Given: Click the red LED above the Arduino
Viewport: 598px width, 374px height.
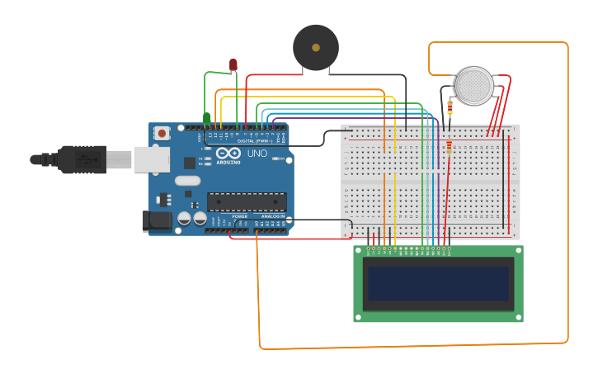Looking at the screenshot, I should point(233,64).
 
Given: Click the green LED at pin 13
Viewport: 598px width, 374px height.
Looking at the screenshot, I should point(206,118).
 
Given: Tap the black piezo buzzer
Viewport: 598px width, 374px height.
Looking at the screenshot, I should point(316,48).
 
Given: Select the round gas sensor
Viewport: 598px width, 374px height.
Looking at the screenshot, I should point(474,86).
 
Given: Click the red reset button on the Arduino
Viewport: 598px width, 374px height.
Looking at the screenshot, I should point(162,132).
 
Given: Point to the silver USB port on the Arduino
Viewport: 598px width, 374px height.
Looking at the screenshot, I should point(152,159).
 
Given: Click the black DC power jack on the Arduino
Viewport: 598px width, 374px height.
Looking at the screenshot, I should point(157,220).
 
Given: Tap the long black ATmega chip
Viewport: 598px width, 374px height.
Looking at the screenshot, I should point(247,201).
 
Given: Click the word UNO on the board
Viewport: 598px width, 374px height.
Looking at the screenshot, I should point(257,154).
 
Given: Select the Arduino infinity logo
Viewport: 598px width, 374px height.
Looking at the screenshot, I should point(228,154).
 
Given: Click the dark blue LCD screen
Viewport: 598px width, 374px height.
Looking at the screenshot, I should point(438,283).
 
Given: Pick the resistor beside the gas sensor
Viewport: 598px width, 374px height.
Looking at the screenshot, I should point(450,107).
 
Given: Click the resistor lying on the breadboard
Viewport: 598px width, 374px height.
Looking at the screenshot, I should point(449,147).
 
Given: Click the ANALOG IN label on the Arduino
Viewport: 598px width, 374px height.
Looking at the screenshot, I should point(272,216).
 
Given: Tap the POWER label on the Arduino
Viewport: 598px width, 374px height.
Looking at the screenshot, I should point(239,216).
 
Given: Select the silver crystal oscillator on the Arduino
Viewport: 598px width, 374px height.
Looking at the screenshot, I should point(187,181).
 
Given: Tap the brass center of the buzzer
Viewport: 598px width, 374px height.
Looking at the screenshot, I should point(316,48).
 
